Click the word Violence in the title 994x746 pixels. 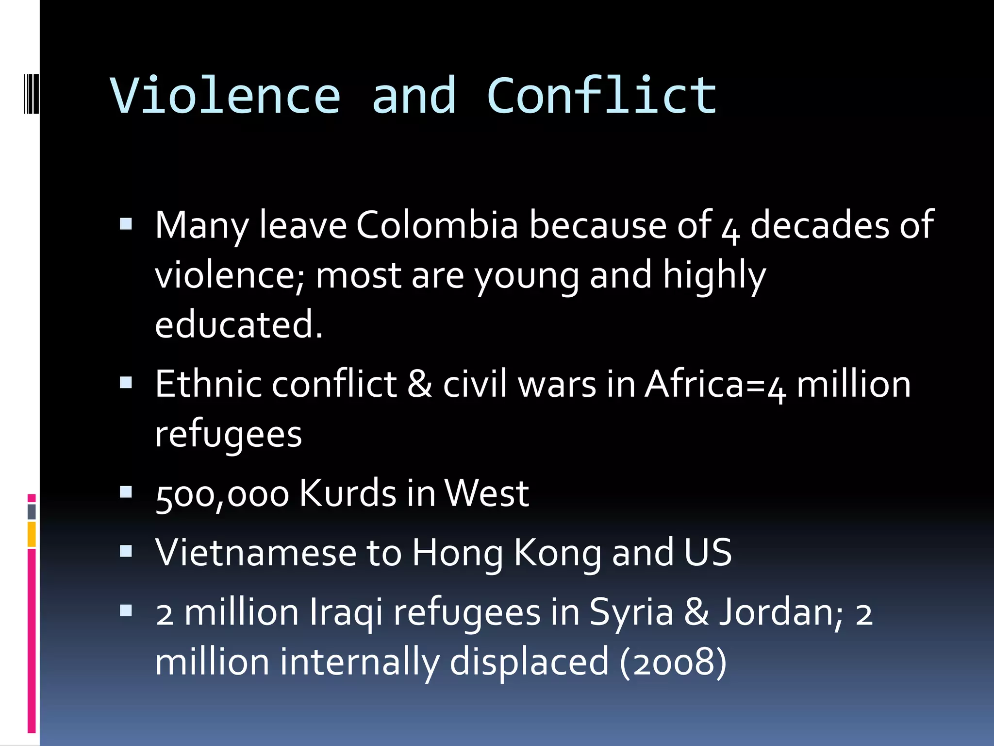point(226,96)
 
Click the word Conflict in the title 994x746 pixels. point(602,96)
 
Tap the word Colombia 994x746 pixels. point(437,225)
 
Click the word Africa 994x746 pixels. point(694,384)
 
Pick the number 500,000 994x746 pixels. point(222,494)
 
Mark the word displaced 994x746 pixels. point(529,661)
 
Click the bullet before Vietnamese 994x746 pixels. point(126,551)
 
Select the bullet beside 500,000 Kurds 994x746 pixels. point(126,492)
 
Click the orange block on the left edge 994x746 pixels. point(32,534)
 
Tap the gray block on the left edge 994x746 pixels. point(32,511)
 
